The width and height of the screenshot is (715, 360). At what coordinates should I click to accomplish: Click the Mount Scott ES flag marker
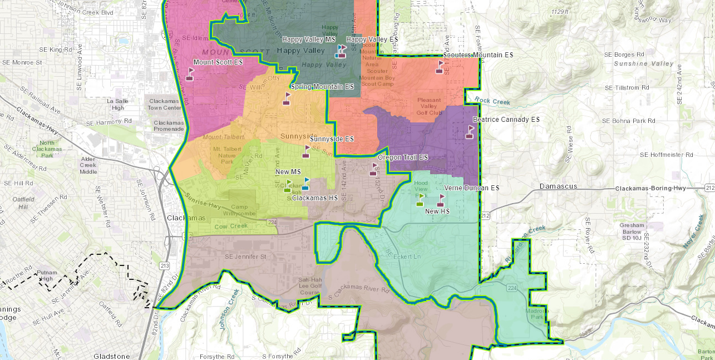pos(190,74)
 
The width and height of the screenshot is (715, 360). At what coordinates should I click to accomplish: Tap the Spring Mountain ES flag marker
pos(287,99)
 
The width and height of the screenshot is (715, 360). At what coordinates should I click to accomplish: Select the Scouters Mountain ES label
pos(478,55)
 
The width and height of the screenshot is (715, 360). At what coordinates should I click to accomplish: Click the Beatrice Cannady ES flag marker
pos(470,132)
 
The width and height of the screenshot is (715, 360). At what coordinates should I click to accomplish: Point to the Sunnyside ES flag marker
pos(306,151)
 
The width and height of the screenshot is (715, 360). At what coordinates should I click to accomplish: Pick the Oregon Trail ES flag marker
pos(373,169)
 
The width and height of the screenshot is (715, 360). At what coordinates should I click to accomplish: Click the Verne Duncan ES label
pos(471,188)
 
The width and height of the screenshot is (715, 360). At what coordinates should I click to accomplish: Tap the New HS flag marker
pos(441,200)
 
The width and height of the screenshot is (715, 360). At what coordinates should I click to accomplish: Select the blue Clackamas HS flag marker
pos(305,184)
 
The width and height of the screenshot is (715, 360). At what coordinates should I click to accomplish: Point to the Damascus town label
pos(558,186)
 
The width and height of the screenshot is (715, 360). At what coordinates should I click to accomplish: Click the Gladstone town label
pos(111,356)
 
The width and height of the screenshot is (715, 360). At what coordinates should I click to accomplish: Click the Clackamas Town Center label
pos(165,104)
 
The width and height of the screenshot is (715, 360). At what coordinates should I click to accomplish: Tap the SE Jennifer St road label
pos(245,257)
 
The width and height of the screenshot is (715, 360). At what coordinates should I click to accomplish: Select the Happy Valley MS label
pos(308,40)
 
